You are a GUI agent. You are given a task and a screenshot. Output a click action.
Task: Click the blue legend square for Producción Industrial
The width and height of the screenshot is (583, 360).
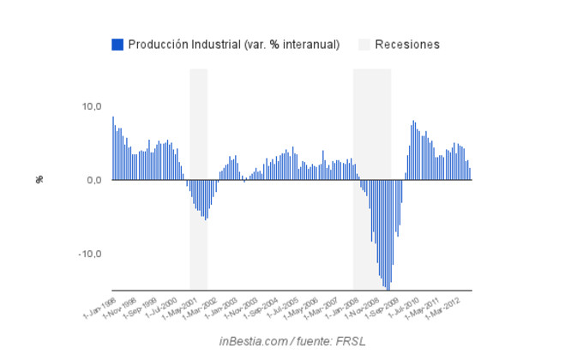pyautogui.click(x=117, y=45)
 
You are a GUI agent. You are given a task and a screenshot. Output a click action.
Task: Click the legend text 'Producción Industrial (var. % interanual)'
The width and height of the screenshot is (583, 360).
pyautogui.click(x=234, y=45)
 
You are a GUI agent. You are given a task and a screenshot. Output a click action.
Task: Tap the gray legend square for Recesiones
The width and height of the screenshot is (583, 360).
pyautogui.click(x=364, y=45)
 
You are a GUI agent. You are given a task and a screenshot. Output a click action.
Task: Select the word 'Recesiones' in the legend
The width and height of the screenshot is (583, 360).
pyautogui.click(x=407, y=45)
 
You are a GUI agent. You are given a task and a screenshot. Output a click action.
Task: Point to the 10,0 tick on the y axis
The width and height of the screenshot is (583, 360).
pyautogui.click(x=91, y=106)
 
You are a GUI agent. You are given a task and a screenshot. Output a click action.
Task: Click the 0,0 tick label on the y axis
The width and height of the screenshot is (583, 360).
pyautogui.click(x=93, y=180)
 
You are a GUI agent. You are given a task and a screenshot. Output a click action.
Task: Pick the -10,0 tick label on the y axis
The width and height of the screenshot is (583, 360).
pyautogui.click(x=90, y=254)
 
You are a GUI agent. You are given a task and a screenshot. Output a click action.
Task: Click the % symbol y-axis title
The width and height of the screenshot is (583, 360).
pyautogui.click(x=39, y=180)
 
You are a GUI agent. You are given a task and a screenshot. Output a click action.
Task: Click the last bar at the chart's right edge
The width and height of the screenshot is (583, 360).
pyautogui.click(x=470, y=174)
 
